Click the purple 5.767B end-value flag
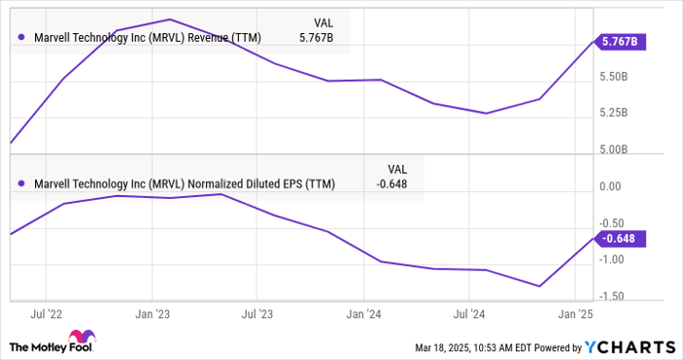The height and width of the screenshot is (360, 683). point(622,41)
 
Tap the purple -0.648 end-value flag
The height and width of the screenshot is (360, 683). point(621,238)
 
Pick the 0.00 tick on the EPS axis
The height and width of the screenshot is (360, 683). point(612,185)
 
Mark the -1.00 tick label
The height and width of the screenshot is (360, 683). point(612,259)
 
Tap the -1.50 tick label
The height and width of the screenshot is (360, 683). point(612,296)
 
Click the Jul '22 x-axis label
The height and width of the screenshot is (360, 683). point(46,314)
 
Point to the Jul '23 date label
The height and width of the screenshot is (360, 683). point(257,314)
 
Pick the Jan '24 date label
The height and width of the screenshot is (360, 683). point(363,314)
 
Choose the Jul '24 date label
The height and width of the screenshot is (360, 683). point(468,314)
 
